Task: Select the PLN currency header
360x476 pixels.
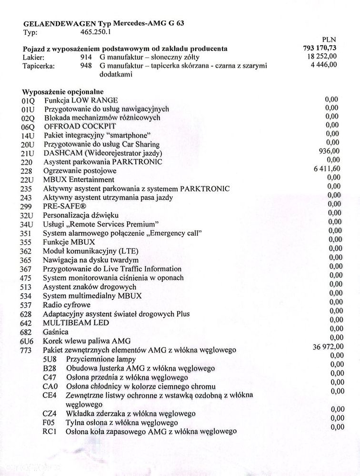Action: pos(329,40)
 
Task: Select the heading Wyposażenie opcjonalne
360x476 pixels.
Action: pos(63,91)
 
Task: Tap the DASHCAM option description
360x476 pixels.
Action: pos(103,153)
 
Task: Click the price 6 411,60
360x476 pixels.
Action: pos(323,169)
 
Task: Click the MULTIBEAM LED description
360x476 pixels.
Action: pos(76,323)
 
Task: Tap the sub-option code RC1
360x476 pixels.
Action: pos(50,432)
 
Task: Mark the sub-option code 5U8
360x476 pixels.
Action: pos(50,359)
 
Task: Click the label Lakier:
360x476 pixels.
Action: pos(34,58)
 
